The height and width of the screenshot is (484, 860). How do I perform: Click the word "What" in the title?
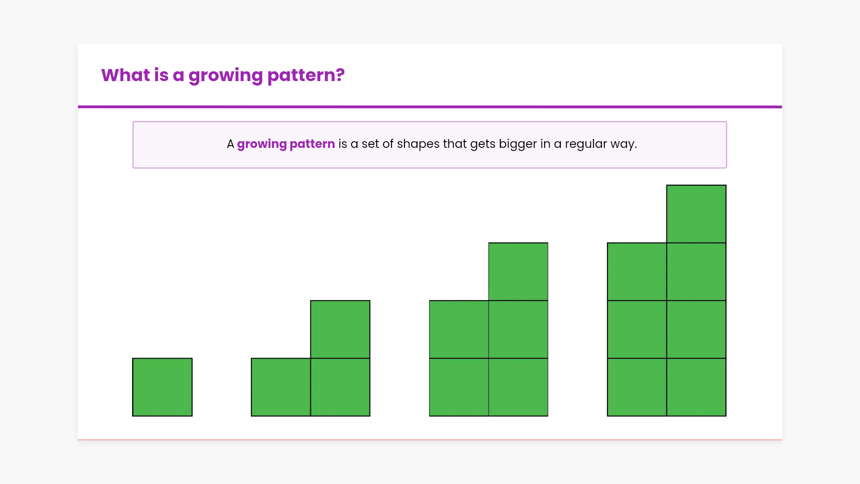[125, 75]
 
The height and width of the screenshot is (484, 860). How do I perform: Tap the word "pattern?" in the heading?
[306, 76]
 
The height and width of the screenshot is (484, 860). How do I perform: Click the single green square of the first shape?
[162, 387]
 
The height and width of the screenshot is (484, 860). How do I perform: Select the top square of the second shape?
[340, 329]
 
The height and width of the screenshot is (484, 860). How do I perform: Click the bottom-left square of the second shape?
[281, 387]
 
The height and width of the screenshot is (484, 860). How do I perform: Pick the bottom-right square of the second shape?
[340, 387]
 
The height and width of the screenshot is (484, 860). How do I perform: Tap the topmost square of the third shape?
[518, 272]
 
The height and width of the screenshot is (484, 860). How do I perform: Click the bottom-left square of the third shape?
[459, 387]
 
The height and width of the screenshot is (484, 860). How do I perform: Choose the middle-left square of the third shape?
[459, 329]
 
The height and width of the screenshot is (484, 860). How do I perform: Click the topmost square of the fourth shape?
[696, 214]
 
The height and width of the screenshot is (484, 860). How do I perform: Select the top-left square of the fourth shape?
[637, 272]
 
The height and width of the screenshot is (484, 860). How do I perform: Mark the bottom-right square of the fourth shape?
[696, 387]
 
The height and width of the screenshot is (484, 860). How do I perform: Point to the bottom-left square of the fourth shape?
[637, 387]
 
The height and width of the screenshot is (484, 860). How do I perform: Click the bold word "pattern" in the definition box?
[312, 144]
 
